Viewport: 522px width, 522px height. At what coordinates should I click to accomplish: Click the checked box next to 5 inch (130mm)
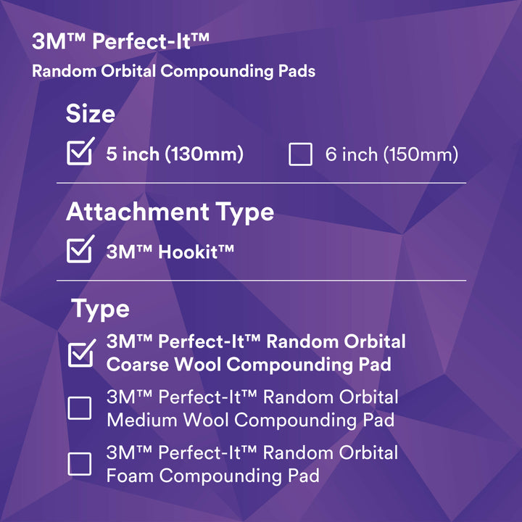pos(79,154)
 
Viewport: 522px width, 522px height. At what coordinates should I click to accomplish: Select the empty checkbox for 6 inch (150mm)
pos(300,154)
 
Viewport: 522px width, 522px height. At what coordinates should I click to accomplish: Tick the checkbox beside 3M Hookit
pos(79,252)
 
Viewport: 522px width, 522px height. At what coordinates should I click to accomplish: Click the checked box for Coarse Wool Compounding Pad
pos(80,354)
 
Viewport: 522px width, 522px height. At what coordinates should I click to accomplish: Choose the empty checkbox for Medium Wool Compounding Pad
pos(80,408)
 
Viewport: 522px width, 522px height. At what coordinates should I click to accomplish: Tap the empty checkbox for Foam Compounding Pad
pos(80,464)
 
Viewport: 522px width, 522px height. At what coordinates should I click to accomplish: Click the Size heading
pos(91,114)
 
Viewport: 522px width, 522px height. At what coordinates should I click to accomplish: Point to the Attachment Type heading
pos(170,212)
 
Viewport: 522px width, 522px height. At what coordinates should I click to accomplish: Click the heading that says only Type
pos(100,309)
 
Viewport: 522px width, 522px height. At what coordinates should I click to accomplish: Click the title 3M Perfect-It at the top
pos(121,41)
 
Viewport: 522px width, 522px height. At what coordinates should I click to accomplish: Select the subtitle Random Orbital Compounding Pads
pos(173,72)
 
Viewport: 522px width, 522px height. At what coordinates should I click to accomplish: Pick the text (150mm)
pos(422,154)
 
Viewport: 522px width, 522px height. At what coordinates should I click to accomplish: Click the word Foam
pos(130,476)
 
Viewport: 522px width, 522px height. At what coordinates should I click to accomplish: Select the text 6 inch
pos(352,154)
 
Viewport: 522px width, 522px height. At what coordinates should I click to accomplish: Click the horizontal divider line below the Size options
pos(261,183)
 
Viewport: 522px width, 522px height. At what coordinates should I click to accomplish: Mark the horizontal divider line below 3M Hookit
pos(261,281)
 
